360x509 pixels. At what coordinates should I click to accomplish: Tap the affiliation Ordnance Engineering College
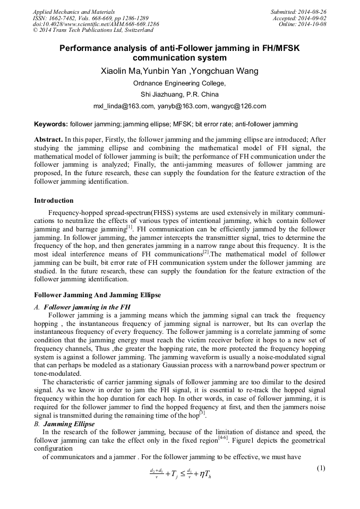tap(179, 83)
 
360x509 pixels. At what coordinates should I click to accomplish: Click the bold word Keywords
tap(50, 124)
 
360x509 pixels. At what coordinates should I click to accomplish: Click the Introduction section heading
tap(54, 201)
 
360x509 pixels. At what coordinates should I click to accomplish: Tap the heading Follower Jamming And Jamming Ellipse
tap(97, 295)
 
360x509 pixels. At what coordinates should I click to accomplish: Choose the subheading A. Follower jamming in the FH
tap(82, 307)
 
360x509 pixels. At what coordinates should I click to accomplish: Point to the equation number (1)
tap(320, 468)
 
